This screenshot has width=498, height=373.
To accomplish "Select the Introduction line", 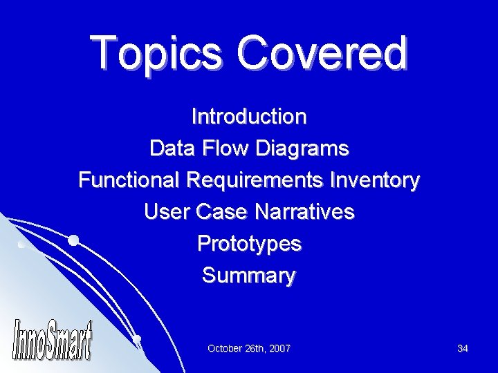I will (x=249, y=116).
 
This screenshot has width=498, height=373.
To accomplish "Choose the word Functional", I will (x=129, y=181).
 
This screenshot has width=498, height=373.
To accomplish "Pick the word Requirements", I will (x=254, y=181).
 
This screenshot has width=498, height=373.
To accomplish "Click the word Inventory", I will (x=375, y=181).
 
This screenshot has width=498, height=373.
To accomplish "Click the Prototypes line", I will (x=249, y=244).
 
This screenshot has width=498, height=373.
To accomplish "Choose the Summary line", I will (x=249, y=276).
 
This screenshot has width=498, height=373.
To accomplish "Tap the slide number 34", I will (x=463, y=349).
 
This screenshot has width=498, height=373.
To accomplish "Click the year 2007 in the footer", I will (x=279, y=349).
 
